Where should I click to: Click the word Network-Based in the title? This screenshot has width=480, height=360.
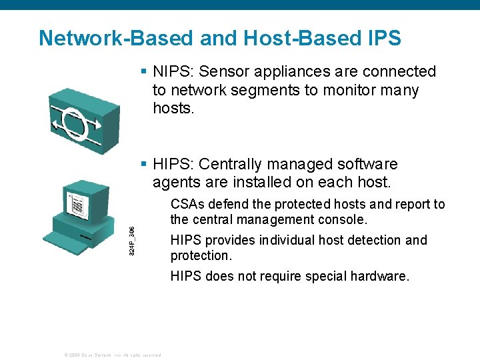(x=116, y=38)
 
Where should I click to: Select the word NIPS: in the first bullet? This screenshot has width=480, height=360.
(x=173, y=72)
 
